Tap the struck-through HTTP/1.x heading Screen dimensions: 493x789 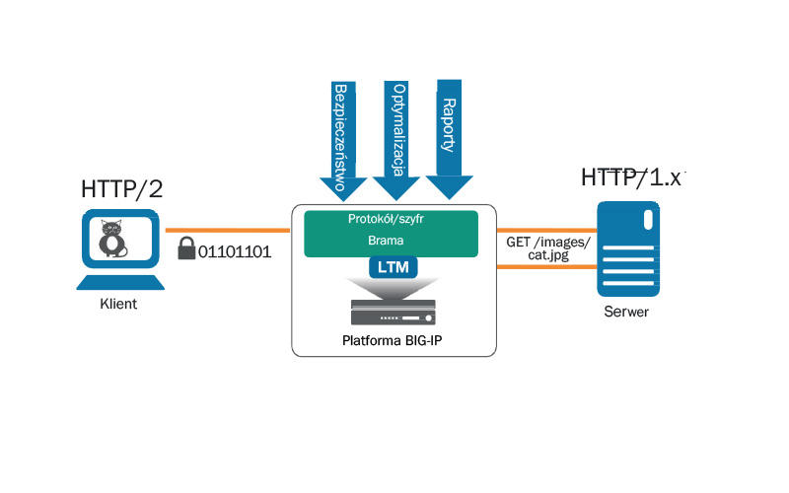pyautogui.click(x=631, y=177)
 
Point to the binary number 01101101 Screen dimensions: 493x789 pyautogui.click(x=235, y=250)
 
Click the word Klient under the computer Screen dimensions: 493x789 pyautogui.click(x=118, y=305)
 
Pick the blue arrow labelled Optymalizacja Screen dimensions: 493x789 pyautogui.click(x=398, y=138)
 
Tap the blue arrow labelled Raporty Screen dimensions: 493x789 pyautogui.click(x=450, y=133)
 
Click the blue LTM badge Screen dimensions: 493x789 pyautogui.click(x=394, y=267)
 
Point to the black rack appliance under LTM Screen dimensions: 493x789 pyautogui.click(x=394, y=315)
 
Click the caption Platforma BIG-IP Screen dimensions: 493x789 pyautogui.click(x=394, y=342)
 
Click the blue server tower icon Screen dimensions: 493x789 pyautogui.click(x=627, y=248)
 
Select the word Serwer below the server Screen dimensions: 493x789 pyautogui.click(x=627, y=313)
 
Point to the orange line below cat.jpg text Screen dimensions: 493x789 pyautogui.click(x=547, y=266)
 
